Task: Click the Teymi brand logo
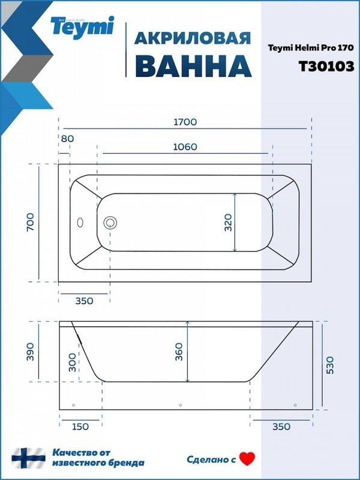[82, 26]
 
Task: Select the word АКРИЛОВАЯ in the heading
[192, 38]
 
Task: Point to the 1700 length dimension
[184, 121]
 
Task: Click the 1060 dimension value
[184, 147]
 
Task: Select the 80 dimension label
[67, 139]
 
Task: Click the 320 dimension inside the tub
[227, 223]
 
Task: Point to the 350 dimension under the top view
[84, 301]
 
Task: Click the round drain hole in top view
[110, 223]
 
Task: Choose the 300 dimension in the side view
[73, 362]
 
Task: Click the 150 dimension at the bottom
[80, 427]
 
